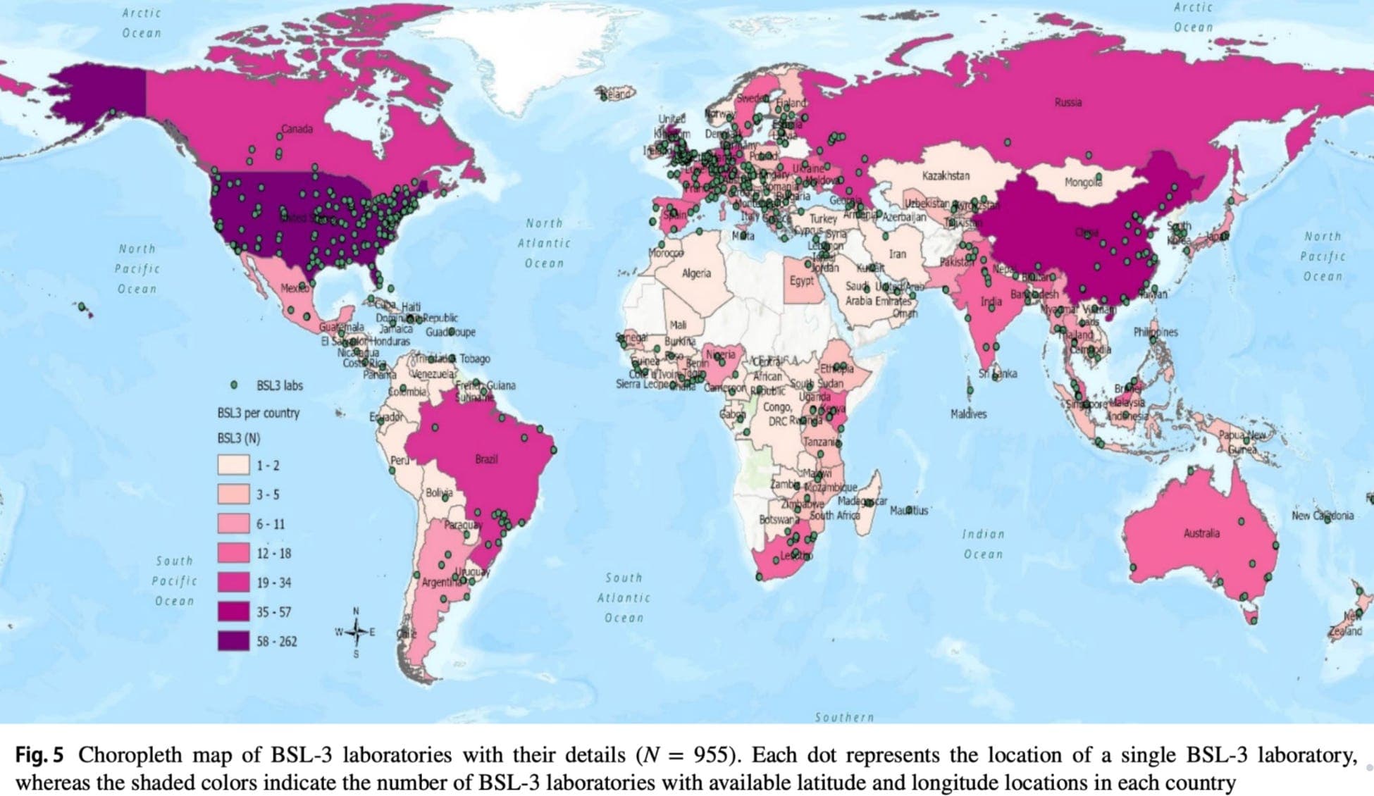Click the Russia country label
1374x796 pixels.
[x=1067, y=103]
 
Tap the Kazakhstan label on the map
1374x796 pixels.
[x=945, y=175]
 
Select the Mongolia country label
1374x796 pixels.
[x=1082, y=182]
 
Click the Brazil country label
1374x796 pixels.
[x=485, y=459]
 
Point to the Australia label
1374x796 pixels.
[x=1201, y=533]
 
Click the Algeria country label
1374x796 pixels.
[x=696, y=273]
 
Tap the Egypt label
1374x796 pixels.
[x=801, y=280]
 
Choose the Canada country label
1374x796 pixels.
[x=297, y=130]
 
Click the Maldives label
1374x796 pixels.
[x=968, y=414]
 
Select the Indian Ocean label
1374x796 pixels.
[x=983, y=544]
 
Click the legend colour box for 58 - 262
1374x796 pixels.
[x=233, y=641]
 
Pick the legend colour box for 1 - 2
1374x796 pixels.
[x=233, y=466]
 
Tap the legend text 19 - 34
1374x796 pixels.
[x=273, y=583]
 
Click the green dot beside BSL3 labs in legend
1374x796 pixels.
[x=234, y=385]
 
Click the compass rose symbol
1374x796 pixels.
[x=355, y=632]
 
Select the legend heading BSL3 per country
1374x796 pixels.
[x=258, y=413]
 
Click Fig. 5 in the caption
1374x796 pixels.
[x=39, y=755]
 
